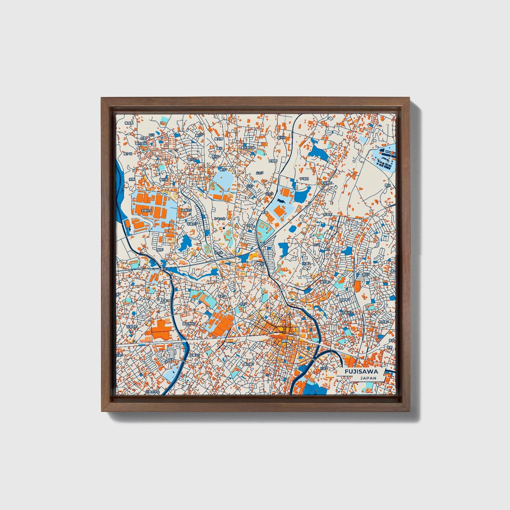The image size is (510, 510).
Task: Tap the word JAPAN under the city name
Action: [368, 378]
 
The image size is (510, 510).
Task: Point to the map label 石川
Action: [152, 135]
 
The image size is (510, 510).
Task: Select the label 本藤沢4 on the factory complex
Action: [146, 211]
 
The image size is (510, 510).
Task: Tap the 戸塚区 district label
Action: [304, 179]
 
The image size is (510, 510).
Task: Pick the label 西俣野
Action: [273, 161]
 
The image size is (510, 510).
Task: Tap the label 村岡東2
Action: [383, 322]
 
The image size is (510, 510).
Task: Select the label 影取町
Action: [328, 214]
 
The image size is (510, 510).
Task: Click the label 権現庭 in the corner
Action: [130, 123]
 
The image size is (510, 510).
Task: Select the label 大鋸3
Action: [306, 263]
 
